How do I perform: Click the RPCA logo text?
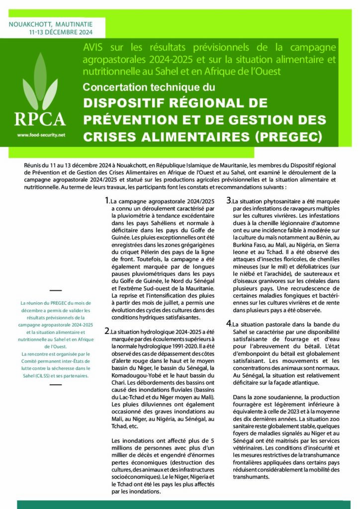(x=40, y=119)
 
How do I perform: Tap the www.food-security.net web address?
(x=41, y=135)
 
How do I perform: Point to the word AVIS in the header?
(x=92, y=48)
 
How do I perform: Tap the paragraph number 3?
(x=229, y=201)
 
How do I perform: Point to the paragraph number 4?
(x=229, y=324)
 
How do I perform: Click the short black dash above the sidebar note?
(x=56, y=290)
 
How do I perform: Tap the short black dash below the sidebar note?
(x=56, y=388)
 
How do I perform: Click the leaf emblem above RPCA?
(x=40, y=82)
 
